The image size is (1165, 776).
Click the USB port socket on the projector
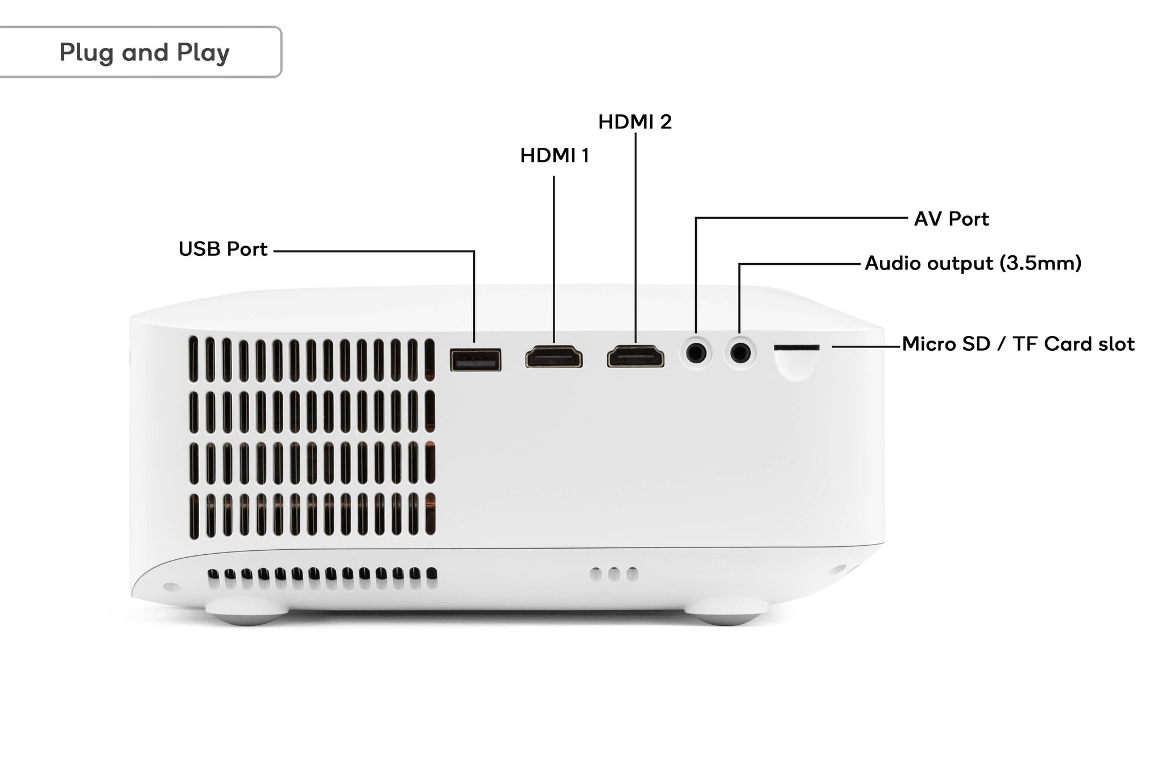476,360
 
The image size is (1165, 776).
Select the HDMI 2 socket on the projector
635,357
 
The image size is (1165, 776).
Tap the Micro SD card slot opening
796,347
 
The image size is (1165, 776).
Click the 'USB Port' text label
222,249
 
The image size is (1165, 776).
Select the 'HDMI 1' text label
554,155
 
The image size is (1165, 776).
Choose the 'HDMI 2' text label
635,122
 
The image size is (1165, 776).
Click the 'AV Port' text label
951,219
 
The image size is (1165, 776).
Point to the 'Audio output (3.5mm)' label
973,263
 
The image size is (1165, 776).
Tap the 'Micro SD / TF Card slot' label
1018,344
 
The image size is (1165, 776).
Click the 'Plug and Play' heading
144,52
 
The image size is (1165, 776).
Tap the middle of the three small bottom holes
613,574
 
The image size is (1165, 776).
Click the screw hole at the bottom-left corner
168,586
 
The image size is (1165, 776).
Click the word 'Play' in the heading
203,53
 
